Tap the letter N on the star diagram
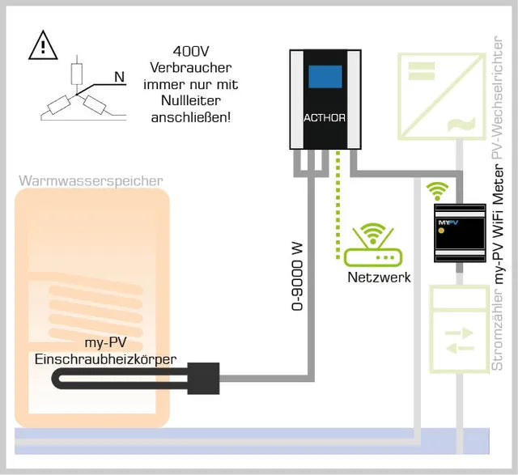click(x=119, y=78)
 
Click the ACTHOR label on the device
click(x=325, y=117)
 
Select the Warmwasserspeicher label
click(x=91, y=180)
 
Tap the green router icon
click(x=372, y=247)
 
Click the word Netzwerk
click(x=379, y=278)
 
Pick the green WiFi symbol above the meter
click(x=438, y=191)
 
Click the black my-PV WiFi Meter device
click(x=460, y=234)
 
